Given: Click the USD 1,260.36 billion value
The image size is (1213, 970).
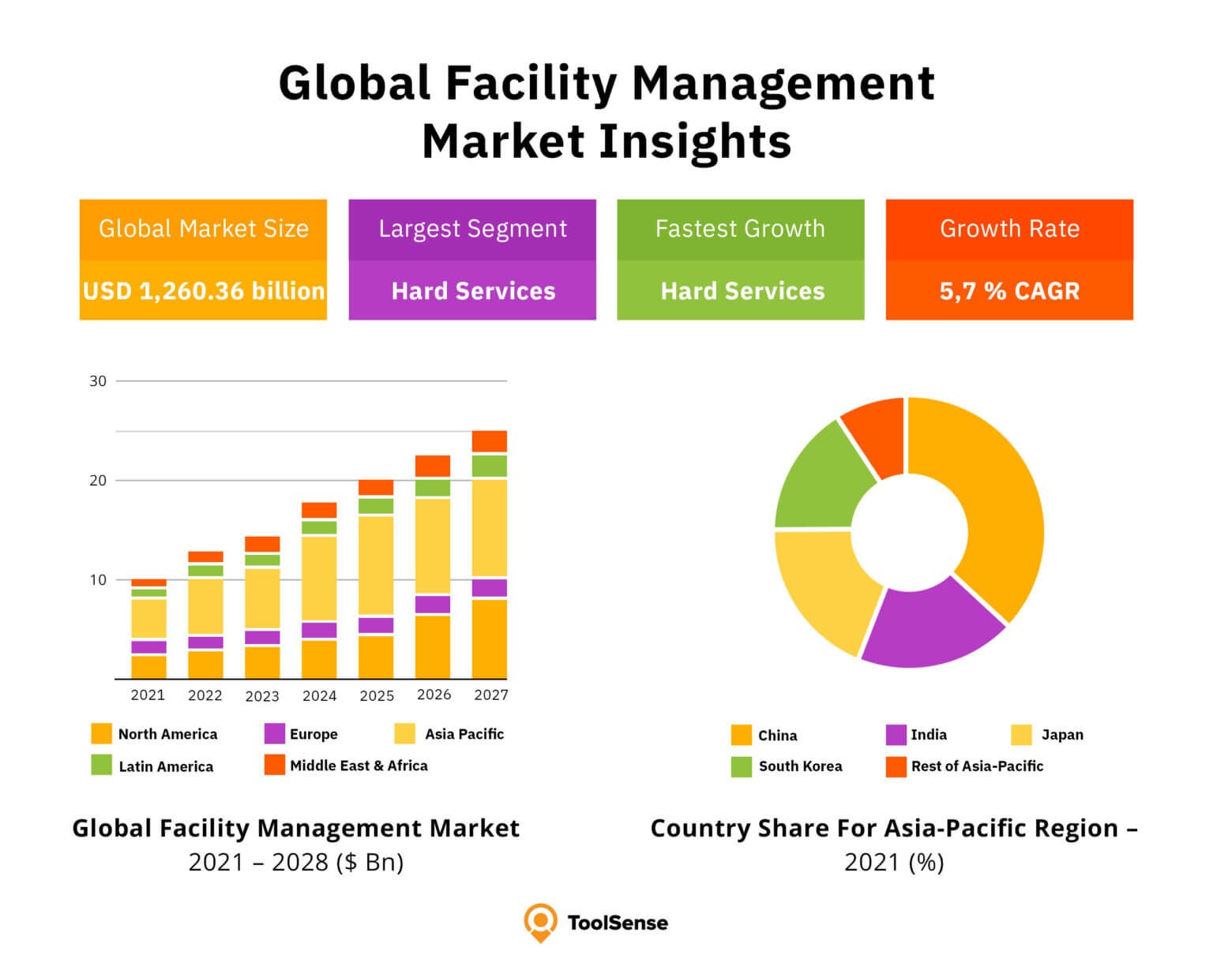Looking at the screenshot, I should [x=204, y=290].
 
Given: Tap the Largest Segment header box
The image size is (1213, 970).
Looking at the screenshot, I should [x=472, y=229].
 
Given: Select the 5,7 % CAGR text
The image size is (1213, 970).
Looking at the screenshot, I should [x=1009, y=290].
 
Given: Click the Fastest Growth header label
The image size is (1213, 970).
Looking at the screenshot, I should [x=740, y=229].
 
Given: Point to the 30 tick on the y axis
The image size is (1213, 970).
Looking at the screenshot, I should [x=98, y=381].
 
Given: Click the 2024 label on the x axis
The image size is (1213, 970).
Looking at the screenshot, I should [x=319, y=695].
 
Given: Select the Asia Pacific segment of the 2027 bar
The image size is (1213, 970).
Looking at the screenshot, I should [x=490, y=527].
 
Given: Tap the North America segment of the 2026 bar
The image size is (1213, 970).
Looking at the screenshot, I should [x=433, y=646].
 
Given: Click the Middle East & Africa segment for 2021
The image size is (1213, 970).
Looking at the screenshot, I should [x=148, y=582].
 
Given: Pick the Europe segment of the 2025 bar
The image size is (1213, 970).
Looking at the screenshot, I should [x=376, y=625].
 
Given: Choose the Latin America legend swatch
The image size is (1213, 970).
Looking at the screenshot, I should [x=102, y=765].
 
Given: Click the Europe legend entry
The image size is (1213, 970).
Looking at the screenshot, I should [x=313, y=734].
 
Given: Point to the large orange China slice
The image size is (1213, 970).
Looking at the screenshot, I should [x=995, y=505].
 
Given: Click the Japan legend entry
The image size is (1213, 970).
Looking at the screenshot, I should [x=1061, y=735].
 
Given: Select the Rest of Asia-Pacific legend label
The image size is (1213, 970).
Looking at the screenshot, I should [x=977, y=766].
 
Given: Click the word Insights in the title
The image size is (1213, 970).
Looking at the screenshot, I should [x=695, y=142].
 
